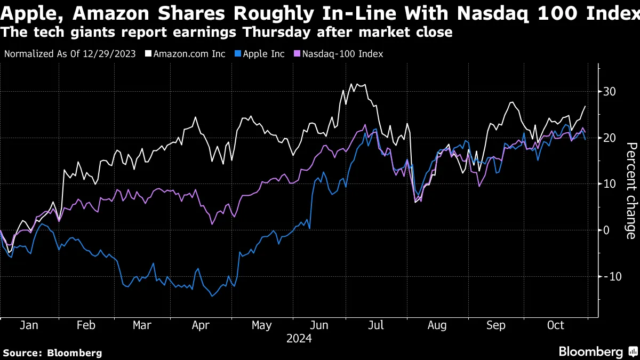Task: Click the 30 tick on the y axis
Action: pyautogui.click(x=610, y=92)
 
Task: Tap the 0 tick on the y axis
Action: pyautogui.click(x=606, y=230)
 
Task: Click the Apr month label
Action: pyautogui.click(x=201, y=325)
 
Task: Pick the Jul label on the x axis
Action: pyautogui.click(x=377, y=325)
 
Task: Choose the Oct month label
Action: pyautogui.click(x=556, y=325)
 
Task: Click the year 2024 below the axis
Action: pyautogui.click(x=299, y=339)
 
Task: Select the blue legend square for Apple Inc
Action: pyautogui.click(x=238, y=54)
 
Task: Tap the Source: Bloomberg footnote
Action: pyautogui.click(x=52, y=353)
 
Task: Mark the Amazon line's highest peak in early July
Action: pyautogui.click(x=351, y=84)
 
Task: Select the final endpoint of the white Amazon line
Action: pyautogui.click(x=586, y=106)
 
